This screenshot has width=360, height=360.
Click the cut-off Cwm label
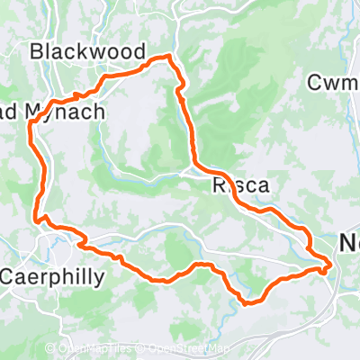tap(333, 83)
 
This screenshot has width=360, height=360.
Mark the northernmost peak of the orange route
tap(167, 57)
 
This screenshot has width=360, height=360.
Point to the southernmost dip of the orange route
tap(246, 302)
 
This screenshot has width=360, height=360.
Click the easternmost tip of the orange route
tap(331, 264)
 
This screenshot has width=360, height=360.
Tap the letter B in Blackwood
tap(37, 51)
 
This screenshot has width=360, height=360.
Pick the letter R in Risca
tap(219, 187)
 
